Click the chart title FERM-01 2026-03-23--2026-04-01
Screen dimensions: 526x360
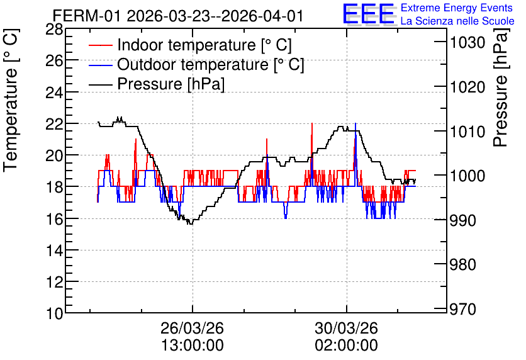click(x=178, y=16)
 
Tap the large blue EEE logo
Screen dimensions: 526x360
click(x=369, y=14)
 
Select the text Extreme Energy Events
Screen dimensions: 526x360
click(x=457, y=8)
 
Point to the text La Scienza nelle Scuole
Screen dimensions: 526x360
click(x=457, y=21)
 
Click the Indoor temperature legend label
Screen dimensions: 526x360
click(x=204, y=45)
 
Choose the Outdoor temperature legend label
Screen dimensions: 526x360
click(x=211, y=64)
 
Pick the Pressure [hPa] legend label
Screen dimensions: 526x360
click(x=171, y=84)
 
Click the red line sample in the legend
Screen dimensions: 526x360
click(x=101, y=45)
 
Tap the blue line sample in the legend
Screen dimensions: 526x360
click(x=101, y=65)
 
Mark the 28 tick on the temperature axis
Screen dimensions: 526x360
click(x=54, y=30)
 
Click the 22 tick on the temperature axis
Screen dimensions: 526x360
click(x=54, y=124)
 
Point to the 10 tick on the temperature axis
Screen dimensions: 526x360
click(x=54, y=313)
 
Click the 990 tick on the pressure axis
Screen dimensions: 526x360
click(x=463, y=220)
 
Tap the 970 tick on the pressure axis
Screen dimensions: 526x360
click(x=463, y=309)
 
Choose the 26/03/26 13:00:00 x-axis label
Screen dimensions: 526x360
click(x=193, y=337)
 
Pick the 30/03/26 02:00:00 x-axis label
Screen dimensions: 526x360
click(x=346, y=337)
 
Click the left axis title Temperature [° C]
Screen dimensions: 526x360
click(x=11, y=101)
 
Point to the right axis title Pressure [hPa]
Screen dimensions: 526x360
click(x=501, y=87)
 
